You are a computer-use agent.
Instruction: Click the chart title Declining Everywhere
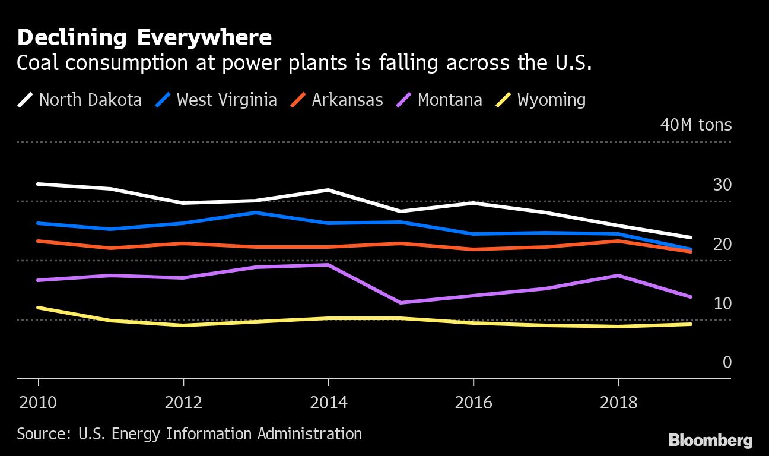[144, 38]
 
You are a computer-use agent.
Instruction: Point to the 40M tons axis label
[696, 125]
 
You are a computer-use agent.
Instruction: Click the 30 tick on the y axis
[722, 185]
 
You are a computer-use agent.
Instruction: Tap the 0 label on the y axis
[727, 362]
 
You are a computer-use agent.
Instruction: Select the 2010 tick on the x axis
[38, 403]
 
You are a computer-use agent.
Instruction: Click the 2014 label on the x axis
[328, 403]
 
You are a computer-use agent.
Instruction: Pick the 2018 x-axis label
[618, 403]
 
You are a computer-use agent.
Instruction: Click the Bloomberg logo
[710, 440]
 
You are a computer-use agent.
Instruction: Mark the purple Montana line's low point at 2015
[401, 303]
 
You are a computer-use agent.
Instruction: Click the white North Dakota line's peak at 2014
[328, 190]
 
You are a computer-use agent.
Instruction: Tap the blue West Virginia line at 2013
[256, 212]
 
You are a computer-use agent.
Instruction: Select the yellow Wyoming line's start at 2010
[39, 308]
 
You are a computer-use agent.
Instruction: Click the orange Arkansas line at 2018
[618, 240]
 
